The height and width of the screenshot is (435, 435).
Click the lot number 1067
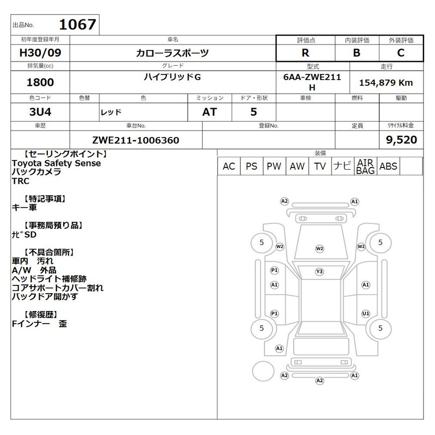click(x=77, y=24)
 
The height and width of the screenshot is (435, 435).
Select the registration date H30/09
click(x=40, y=53)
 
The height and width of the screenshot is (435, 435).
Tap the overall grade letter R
click(x=306, y=53)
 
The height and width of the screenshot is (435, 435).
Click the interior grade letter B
click(x=357, y=53)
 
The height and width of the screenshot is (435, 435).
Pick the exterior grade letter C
click(x=401, y=53)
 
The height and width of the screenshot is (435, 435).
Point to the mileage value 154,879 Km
click(x=386, y=83)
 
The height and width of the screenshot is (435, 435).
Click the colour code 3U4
click(x=40, y=112)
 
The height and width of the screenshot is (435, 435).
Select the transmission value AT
click(x=209, y=112)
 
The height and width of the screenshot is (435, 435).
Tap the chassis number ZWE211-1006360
click(x=135, y=140)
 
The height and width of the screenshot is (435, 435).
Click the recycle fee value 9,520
click(x=401, y=140)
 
